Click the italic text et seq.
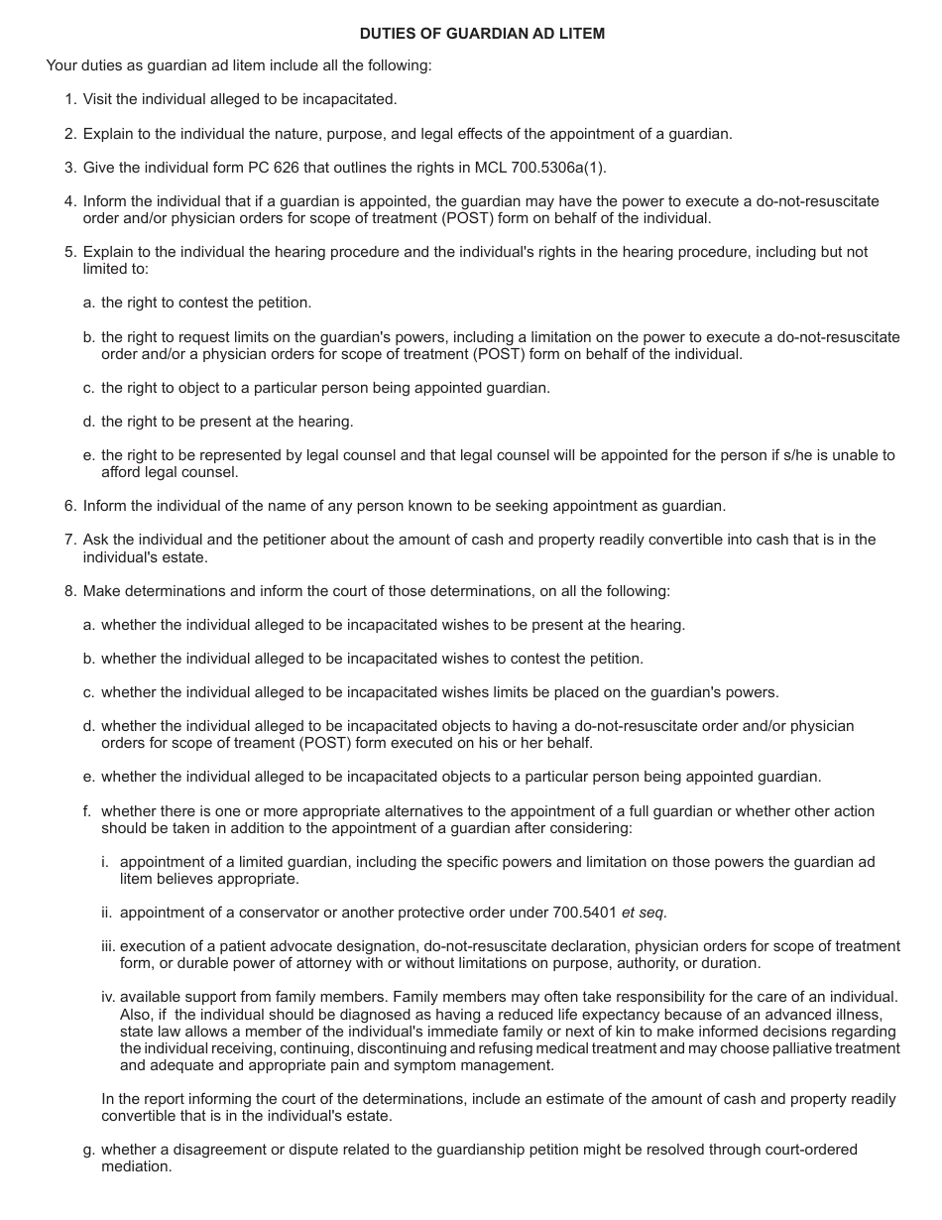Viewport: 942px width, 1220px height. [x=644, y=912]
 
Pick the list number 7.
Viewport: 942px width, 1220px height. [x=70, y=540]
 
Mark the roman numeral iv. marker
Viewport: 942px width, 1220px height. [x=107, y=997]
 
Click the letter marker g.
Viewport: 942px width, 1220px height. [x=88, y=1150]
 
